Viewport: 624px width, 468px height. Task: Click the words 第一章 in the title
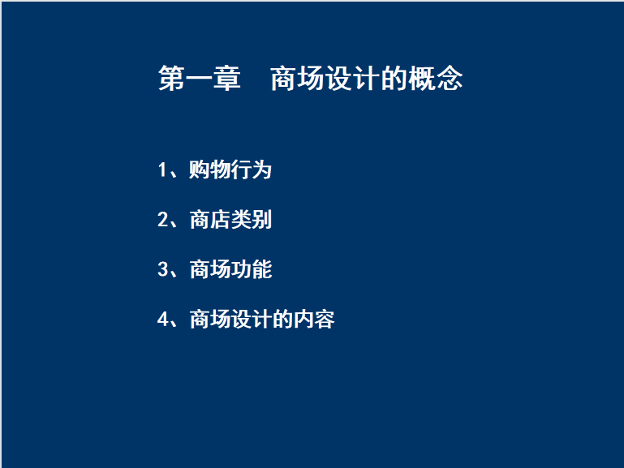point(200,79)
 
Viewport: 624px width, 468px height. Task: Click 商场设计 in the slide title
point(325,79)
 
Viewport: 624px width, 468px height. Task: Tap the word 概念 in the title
point(435,79)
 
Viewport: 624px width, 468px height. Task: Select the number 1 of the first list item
point(162,170)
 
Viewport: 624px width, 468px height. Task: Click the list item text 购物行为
point(230,170)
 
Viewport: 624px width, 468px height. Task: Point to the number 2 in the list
point(162,219)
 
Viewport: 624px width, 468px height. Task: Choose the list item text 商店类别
point(230,220)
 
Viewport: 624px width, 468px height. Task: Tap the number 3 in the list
point(162,268)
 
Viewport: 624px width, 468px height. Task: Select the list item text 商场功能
point(230,269)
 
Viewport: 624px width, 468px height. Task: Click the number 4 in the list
point(162,319)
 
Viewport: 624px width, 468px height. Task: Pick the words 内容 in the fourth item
point(314,319)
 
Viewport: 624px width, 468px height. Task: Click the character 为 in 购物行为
point(262,170)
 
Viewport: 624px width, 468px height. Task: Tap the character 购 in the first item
point(200,170)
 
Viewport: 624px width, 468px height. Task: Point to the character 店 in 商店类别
point(221,220)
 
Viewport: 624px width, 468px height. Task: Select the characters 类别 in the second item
point(252,220)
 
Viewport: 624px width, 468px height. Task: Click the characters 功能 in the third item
point(252,269)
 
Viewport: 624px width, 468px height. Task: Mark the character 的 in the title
point(394,79)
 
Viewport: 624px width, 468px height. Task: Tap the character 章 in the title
point(227,79)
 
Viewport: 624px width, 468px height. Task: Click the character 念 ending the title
point(450,79)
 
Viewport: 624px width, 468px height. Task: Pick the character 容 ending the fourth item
point(325,319)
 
